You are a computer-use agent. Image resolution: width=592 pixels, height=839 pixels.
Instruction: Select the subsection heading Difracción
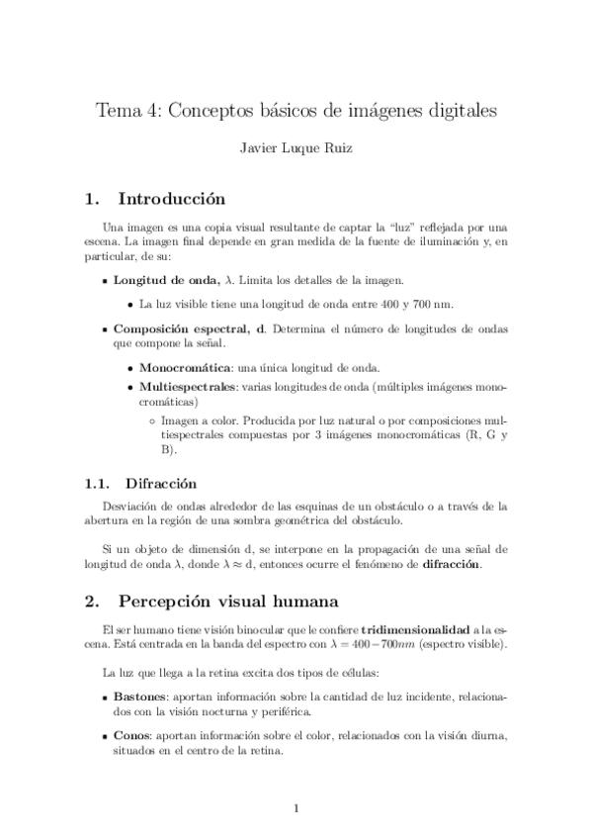pos(161,484)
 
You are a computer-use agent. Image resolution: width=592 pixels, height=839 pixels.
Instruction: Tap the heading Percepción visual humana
pos(228,601)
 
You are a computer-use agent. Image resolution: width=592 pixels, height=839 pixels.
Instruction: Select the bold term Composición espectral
pos(188,327)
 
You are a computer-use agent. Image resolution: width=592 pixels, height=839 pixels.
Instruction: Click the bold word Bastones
pos(140,698)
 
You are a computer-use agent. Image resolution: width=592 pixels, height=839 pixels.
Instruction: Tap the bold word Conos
pos(131,736)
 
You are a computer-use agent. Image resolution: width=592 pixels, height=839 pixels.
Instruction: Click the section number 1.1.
pos(96,484)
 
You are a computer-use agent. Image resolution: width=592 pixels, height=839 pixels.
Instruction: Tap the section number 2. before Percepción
pos(92,601)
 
